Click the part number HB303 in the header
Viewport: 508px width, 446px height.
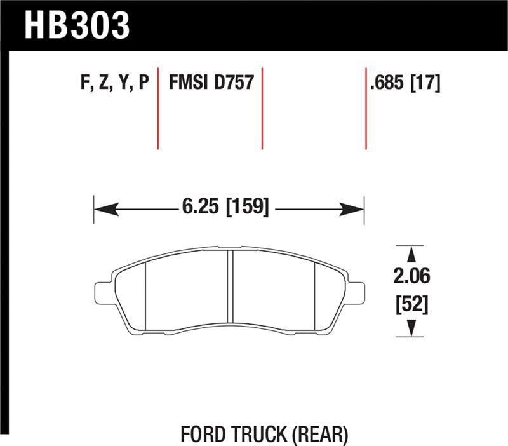point(76,25)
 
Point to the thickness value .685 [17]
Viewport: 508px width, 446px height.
point(404,83)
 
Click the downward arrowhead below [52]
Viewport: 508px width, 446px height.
point(412,327)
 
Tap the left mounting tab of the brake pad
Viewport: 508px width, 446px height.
point(102,292)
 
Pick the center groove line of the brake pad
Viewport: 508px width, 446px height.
point(231,289)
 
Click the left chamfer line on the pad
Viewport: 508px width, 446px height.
point(146,295)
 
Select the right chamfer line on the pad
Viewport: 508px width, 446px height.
point(316,295)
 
